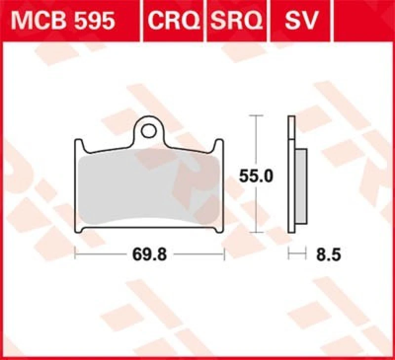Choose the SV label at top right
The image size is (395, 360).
click(300, 21)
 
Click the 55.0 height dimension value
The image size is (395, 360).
click(256, 176)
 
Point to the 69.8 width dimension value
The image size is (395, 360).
click(150, 254)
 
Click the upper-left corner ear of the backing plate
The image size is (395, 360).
click(78, 144)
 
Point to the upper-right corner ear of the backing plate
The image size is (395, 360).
click(218, 144)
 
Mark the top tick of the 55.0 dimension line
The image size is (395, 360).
click(255, 115)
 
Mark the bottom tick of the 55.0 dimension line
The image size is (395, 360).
click(255, 232)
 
